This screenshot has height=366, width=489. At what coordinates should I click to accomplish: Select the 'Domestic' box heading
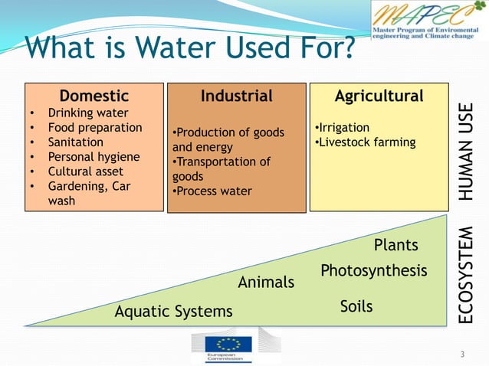tap(94, 96)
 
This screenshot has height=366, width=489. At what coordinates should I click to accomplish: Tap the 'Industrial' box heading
tap(236, 96)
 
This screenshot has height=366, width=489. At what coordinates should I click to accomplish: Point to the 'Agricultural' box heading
tap(379, 96)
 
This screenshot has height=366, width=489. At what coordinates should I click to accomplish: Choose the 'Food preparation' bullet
tap(95, 128)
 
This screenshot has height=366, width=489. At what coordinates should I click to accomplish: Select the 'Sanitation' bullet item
tap(76, 142)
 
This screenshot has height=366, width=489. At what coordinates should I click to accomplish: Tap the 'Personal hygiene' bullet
tap(94, 157)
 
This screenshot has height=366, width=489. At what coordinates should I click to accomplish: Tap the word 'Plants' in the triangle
tap(395, 245)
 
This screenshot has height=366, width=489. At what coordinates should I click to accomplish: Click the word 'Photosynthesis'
tap(373, 271)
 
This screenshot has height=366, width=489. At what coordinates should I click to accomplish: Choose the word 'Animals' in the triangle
tap(266, 283)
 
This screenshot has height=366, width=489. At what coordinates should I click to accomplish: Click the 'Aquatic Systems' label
tap(173, 312)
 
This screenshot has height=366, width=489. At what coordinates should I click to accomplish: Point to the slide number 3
tap(462, 354)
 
